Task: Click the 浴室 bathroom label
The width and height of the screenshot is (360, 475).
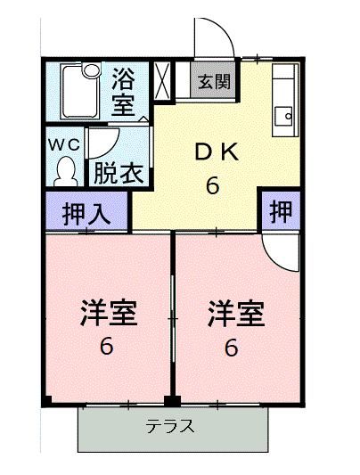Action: pos(123,92)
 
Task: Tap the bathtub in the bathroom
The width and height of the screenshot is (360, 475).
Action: pos(80,91)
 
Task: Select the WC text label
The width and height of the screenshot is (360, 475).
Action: pos(64,145)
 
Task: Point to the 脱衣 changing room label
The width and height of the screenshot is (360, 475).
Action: pos(119,174)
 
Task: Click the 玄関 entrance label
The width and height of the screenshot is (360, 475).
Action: pos(215,81)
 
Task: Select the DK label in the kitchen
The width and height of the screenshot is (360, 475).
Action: pos(217,152)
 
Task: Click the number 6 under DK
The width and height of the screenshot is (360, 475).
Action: pos(213,185)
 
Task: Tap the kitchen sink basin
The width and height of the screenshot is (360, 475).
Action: pos(283,116)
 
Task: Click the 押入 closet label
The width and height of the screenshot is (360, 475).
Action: pos(86,214)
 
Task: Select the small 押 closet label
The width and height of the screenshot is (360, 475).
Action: pos(281,211)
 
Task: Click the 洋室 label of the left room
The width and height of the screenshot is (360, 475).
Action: pos(109,313)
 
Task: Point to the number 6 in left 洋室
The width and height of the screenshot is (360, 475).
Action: pos(107,347)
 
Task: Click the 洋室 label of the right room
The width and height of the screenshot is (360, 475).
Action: pos(236,313)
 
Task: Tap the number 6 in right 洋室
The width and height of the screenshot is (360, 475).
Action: pos(232,348)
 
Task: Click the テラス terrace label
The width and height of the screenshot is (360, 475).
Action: pos(170,426)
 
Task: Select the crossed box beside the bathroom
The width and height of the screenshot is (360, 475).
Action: pos(162,81)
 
